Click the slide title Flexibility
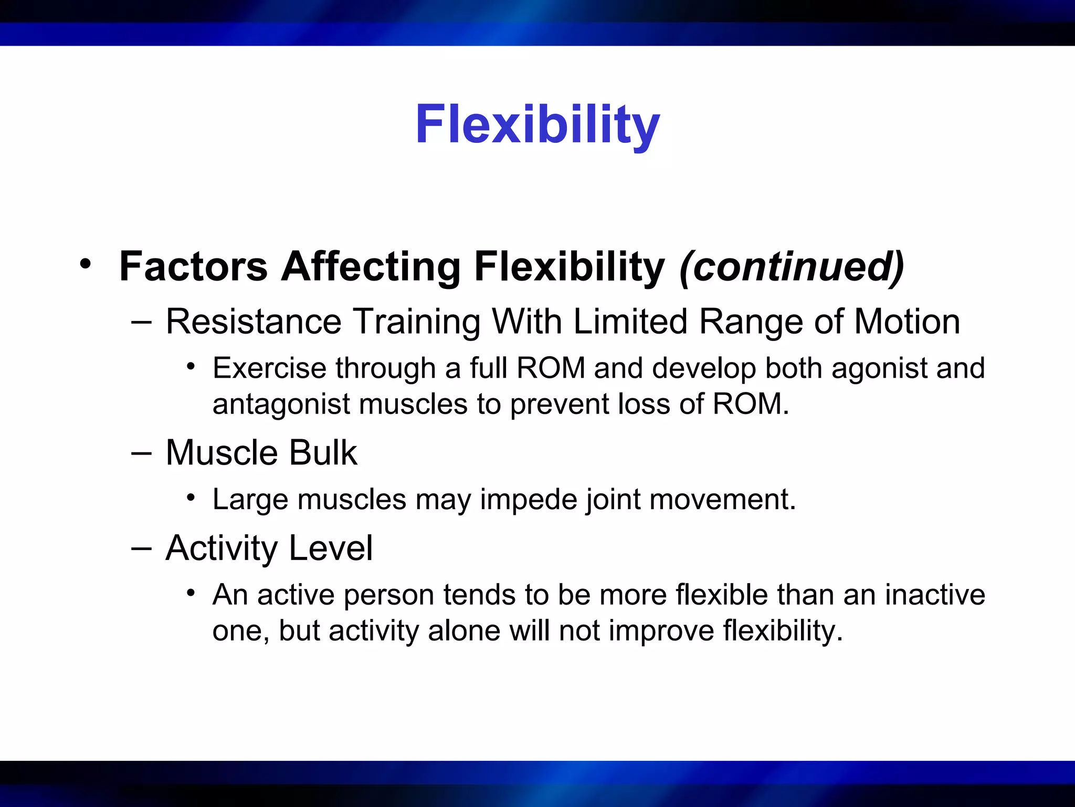[x=537, y=125]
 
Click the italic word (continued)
[x=792, y=266]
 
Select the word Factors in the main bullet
[x=193, y=266]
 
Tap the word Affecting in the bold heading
[x=371, y=266]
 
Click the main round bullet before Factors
[x=85, y=263]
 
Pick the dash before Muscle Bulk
[x=141, y=452]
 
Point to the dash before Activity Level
[x=141, y=548]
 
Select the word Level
[x=331, y=548]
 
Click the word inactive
[x=935, y=595]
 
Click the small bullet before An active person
[x=191, y=593]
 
